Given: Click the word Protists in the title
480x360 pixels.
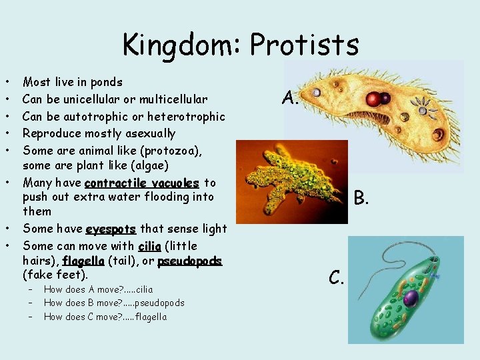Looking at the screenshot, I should click(x=305, y=45).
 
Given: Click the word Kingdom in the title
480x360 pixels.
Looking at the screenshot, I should click(x=183, y=45).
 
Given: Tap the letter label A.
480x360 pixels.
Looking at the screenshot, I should click(x=290, y=99).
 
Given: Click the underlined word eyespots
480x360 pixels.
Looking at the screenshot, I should click(x=111, y=229).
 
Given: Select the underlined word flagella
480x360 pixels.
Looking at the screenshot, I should click(x=83, y=261).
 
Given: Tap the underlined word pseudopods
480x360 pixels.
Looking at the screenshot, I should click(x=189, y=261).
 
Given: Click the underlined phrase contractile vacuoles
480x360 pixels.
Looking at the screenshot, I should click(x=142, y=183).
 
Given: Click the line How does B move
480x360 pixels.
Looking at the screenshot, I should click(x=114, y=303).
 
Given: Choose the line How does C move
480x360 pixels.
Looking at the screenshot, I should click(x=105, y=317).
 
